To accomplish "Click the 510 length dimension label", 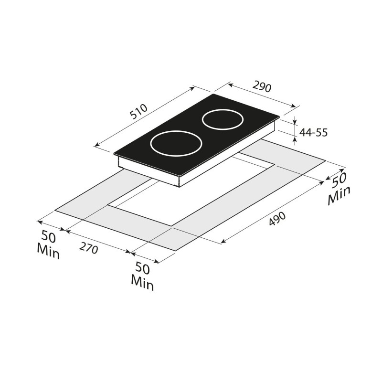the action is pyautogui.click(x=138, y=112).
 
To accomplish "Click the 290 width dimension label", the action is pyautogui.click(x=262, y=87).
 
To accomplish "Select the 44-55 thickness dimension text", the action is pyautogui.click(x=313, y=133).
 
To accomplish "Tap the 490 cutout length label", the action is pyautogui.click(x=277, y=219).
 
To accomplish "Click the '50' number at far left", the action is pyautogui.click(x=49, y=236).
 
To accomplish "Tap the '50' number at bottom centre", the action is pyautogui.click(x=143, y=268).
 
